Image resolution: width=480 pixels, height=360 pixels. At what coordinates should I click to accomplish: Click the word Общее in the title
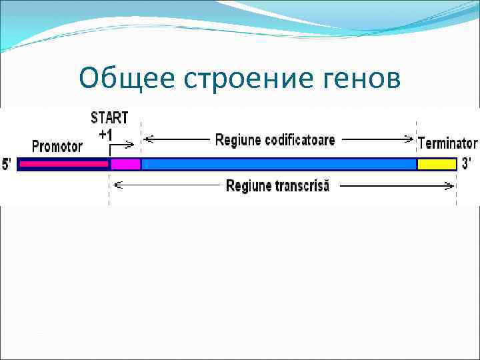[124, 79]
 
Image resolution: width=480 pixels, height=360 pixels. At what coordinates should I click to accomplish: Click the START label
[109, 119]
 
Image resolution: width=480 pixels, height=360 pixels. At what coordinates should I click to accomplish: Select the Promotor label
[57, 145]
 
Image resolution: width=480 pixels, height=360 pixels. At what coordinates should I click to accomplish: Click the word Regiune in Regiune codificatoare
[240, 140]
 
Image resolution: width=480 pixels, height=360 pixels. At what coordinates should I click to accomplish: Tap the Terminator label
[447, 143]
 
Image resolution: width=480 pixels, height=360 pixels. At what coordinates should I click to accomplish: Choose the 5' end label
[7, 164]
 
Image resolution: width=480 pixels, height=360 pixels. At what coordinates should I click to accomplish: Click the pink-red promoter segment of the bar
[63, 163]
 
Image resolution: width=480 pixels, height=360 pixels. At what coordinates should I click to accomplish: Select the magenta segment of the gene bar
[125, 164]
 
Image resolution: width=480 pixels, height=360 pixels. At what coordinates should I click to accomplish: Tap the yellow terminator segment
[437, 164]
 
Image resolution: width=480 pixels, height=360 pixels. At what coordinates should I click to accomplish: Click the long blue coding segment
[279, 164]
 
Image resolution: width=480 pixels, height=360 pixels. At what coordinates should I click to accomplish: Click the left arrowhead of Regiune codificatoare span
[148, 139]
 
